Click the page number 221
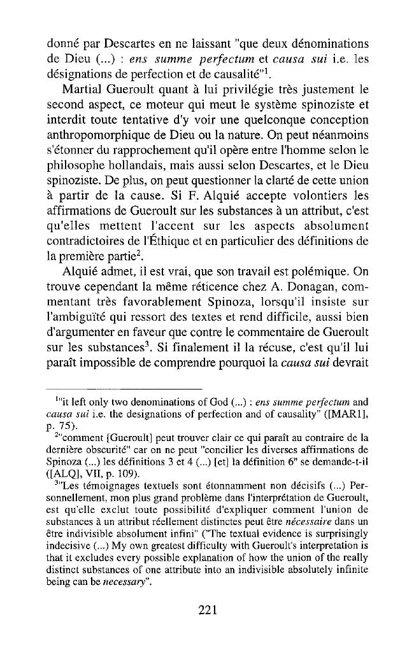click(x=208, y=610)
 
